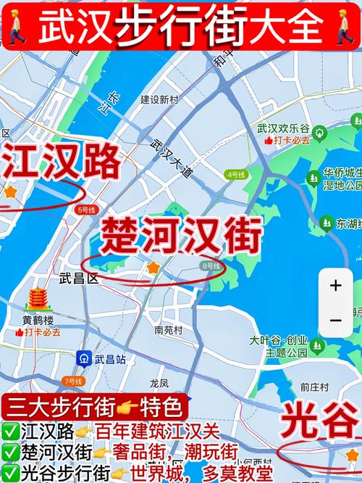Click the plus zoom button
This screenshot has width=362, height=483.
[x=335, y=286]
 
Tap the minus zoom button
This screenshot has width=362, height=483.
[x=335, y=320]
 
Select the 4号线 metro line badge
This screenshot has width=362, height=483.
[x=236, y=175]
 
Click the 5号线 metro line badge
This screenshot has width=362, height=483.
[x=85, y=210]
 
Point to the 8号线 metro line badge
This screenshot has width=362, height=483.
[x=211, y=267]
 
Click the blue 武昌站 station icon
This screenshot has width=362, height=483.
[x=83, y=358]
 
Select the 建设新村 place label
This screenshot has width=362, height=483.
[x=159, y=99]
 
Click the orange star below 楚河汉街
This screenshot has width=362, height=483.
[x=153, y=268]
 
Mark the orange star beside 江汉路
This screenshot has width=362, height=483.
[x=9, y=192]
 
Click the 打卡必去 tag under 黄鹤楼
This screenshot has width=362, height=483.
[x=38, y=332]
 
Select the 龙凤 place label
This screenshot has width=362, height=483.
[x=159, y=383]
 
